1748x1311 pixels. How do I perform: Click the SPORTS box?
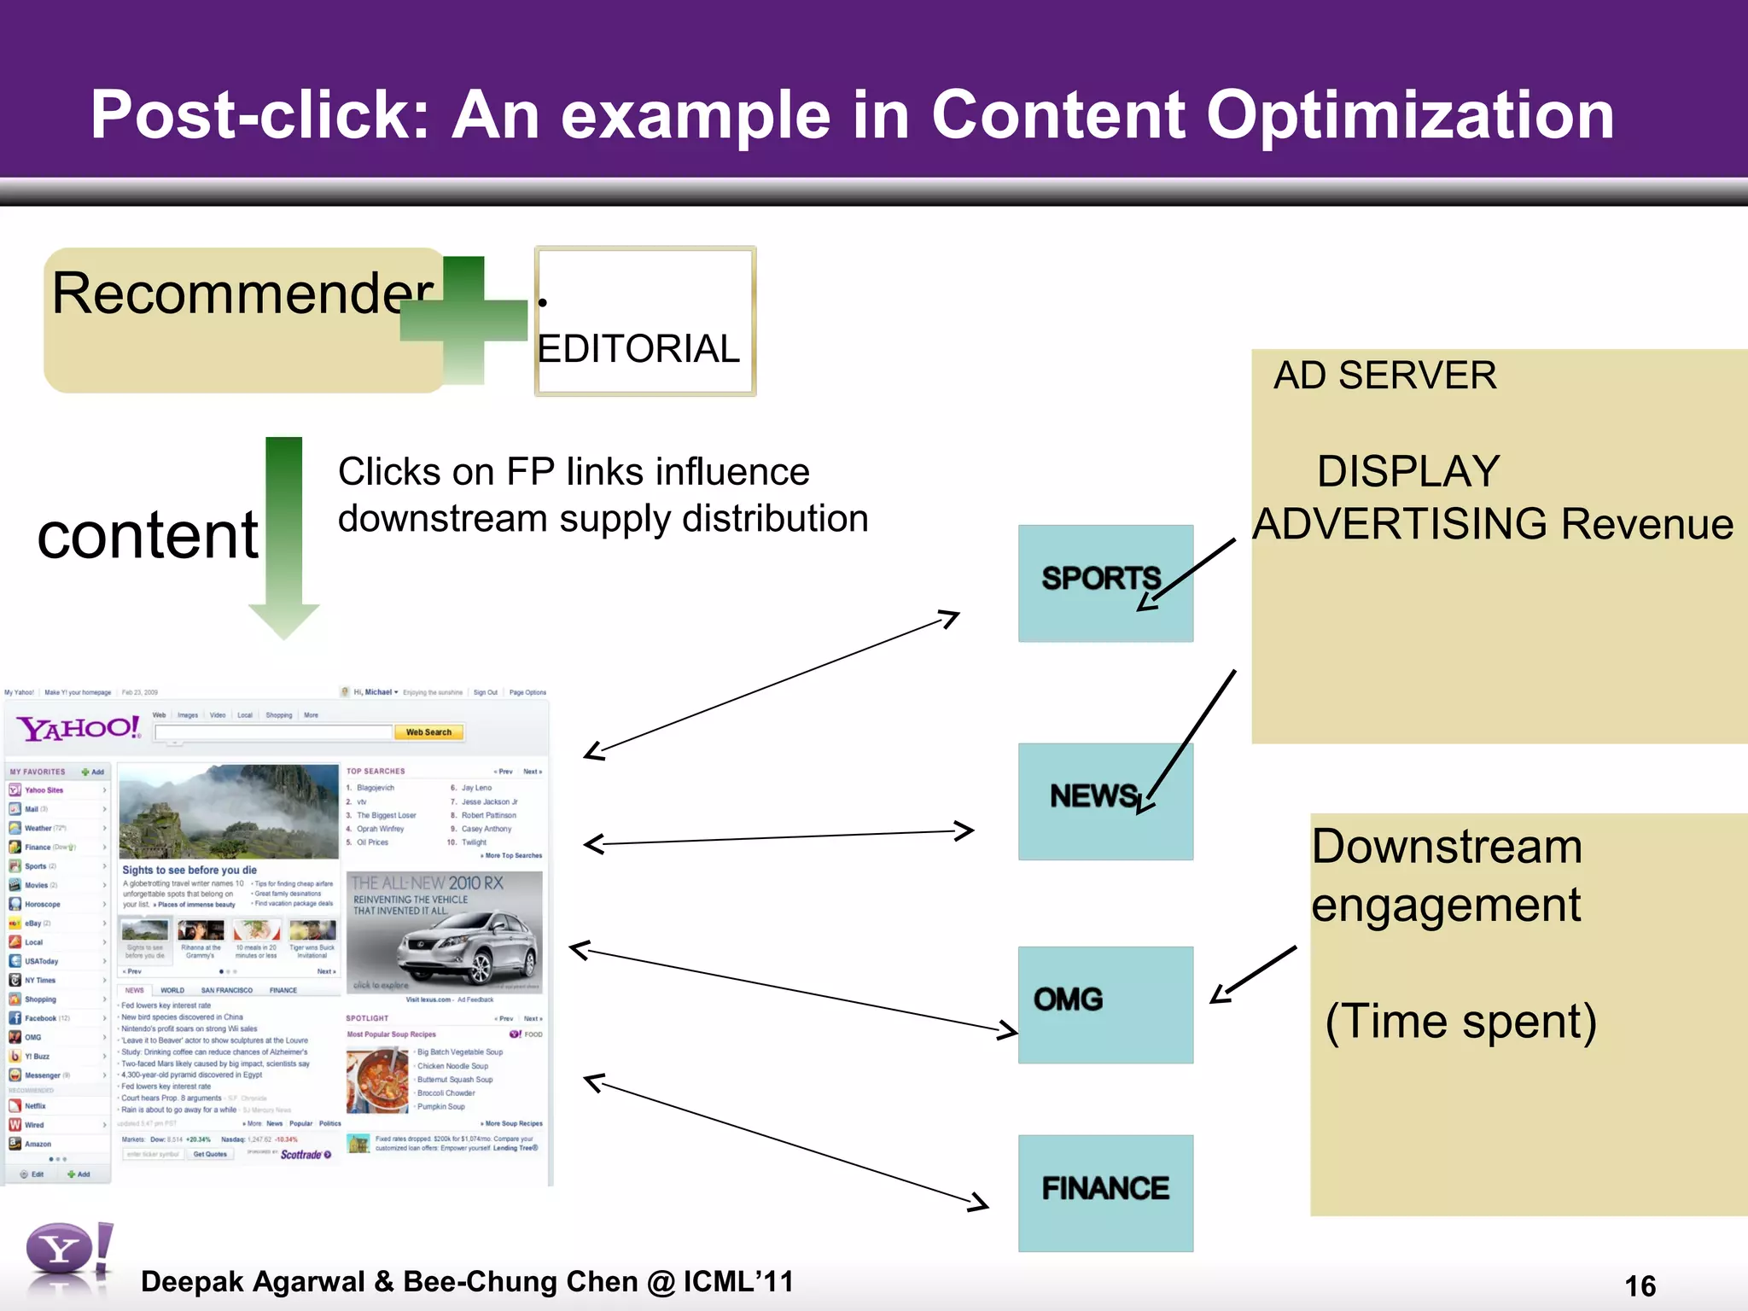coord(1104,582)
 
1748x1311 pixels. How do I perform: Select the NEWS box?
coord(1104,800)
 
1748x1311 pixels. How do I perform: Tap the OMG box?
coord(1104,1004)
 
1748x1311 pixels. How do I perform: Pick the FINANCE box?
coord(1104,1192)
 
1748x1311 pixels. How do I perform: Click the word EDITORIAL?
coord(638,349)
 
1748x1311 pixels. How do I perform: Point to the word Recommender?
coord(242,293)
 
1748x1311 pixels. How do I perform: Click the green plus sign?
coord(464,320)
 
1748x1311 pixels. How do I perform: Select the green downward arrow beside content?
coord(284,538)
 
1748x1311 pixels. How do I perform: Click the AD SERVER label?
coord(1384,376)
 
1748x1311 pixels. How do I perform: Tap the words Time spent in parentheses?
coord(1460,1022)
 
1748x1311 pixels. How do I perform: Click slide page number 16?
coord(1640,1285)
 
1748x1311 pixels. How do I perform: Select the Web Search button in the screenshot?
coord(428,732)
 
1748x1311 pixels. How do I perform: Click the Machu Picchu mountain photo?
coord(229,811)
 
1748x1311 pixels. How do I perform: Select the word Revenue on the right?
coord(1646,524)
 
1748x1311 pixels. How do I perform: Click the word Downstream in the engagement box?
coord(1447,847)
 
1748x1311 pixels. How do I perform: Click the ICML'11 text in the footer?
coord(738,1281)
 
